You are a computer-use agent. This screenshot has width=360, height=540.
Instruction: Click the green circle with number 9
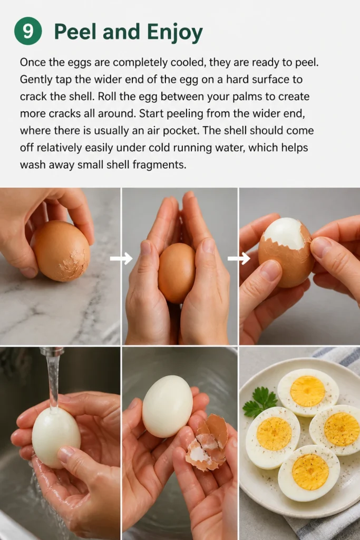[x=28, y=31]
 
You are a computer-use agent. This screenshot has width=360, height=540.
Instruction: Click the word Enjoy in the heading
[x=175, y=32]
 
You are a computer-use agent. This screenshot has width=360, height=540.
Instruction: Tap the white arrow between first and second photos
[x=121, y=258]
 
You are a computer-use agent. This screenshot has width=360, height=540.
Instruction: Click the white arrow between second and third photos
[x=239, y=258]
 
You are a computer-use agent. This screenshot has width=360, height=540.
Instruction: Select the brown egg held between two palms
[x=177, y=273]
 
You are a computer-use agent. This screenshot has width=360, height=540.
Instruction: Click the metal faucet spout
[x=52, y=352]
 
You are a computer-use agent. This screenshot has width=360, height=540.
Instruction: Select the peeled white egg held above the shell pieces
[x=168, y=407]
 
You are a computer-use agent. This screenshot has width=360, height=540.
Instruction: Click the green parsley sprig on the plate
[x=260, y=402]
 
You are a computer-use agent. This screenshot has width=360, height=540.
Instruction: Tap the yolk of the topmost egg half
[x=308, y=391]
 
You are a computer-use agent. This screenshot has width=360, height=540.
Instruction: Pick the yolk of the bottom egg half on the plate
[x=310, y=472]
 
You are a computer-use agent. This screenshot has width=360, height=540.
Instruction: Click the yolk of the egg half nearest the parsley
[x=274, y=434]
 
